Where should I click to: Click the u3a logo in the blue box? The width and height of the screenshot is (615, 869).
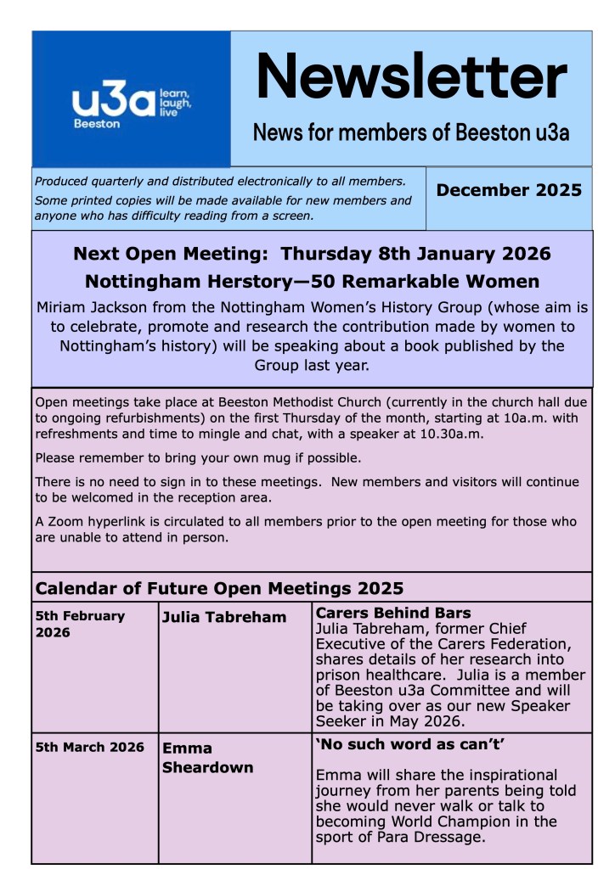(x=131, y=105)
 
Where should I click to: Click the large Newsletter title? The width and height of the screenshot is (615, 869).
(x=411, y=76)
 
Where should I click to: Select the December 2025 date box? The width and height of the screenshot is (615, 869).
(x=509, y=190)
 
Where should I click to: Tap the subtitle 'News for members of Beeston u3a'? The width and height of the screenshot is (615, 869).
(x=411, y=133)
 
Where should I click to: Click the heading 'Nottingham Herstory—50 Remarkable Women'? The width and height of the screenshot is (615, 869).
(x=312, y=281)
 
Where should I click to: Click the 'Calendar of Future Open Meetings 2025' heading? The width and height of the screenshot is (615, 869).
(x=219, y=588)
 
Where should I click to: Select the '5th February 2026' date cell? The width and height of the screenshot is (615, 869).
(x=80, y=624)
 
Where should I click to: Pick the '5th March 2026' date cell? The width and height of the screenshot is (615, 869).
(x=89, y=748)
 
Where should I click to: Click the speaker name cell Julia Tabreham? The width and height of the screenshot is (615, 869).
(x=224, y=617)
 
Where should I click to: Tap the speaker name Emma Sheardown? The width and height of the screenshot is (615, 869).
(x=207, y=758)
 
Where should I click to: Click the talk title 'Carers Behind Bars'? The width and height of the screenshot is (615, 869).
(x=392, y=613)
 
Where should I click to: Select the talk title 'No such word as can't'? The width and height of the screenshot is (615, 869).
(x=398, y=744)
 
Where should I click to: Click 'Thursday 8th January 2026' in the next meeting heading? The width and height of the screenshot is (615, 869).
(x=415, y=253)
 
